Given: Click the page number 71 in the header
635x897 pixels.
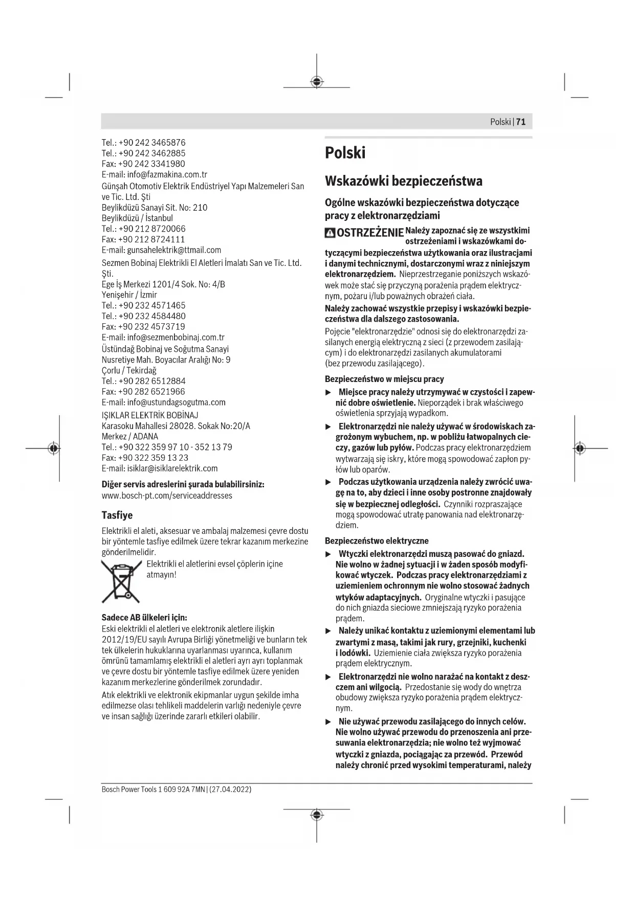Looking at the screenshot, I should pyautogui.click(x=521, y=122).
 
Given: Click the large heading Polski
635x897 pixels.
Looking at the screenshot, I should pyautogui.click(x=345, y=153).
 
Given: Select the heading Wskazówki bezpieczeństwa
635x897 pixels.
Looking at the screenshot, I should pyautogui.click(x=403, y=181).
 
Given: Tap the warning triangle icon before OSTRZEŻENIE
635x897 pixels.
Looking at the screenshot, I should pyautogui.click(x=330, y=233).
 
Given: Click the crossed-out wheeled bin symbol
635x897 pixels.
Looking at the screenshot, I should pyautogui.click(x=121, y=581).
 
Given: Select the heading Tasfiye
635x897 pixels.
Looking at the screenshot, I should pyautogui.click(x=117, y=515).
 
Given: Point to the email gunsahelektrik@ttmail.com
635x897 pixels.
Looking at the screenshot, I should pyautogui.click(x=174, y=250).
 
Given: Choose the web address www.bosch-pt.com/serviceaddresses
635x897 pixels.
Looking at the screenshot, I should pyautogui.click(x=167, y=496).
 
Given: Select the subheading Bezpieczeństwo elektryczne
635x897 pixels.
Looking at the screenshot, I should pyautogui.click(x=377, y=541).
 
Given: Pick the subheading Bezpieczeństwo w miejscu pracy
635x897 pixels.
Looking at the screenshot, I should pyautogui.click(x=384, y=379).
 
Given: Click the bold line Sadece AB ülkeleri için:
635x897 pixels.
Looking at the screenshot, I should pyautogui.click(x=144, y=617).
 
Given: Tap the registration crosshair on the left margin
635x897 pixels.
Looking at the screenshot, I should pyautogui.click(x=53, y=448).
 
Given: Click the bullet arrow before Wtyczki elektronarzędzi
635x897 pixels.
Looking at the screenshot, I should pyautogui.click(x=329, y=554).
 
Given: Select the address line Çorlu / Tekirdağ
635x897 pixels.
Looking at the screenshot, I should pyautogui.click(x=129, y=370).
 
